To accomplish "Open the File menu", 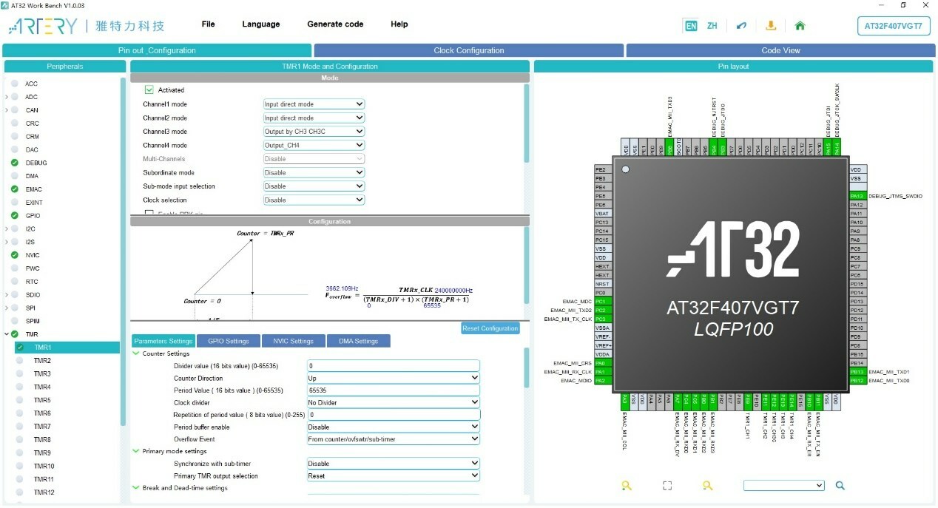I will tap(208, 24).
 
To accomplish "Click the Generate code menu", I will tap(335, 24).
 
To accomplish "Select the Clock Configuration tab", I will tap(468, 50).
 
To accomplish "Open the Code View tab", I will tap(780, 50).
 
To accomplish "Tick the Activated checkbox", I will tap(149, 89).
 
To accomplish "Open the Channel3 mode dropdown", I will tap(314, 132).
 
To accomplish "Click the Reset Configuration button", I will tap(490, 328).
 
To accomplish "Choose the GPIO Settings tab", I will tap(228, 341).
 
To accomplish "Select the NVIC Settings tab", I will tap(293, 341).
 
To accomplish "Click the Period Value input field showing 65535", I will tap(393, 390).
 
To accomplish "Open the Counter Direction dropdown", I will tap(393, 378).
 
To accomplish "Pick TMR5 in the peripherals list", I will tap(42, 400).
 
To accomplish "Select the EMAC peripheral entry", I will tap(34, 189).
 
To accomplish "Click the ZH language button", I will tap(712, 25).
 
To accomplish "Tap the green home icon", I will tap(800, 25).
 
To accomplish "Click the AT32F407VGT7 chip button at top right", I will tap(893, 25).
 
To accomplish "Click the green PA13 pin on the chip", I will tap(857, 196).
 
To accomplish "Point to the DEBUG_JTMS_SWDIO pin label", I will tap(895, 196).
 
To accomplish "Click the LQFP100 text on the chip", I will tap(733, 329).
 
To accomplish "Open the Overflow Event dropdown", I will tap(393, 439).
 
